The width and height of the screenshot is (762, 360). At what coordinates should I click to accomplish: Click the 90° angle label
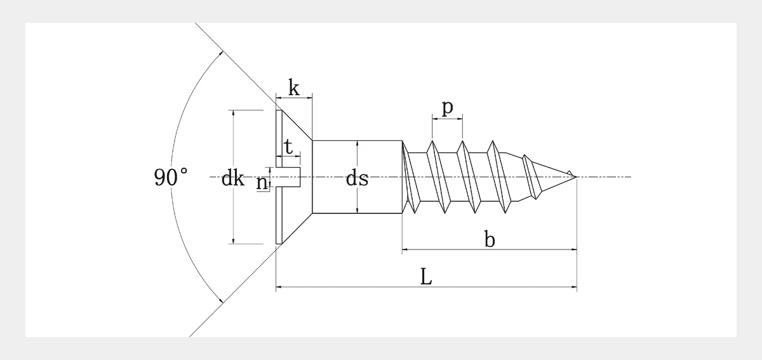(171, 177)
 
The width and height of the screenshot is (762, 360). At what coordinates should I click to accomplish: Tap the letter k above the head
(294, 88)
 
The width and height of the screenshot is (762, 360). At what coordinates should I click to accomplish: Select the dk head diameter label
(232, 178)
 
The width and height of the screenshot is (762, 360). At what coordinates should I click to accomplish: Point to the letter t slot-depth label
(288, 147)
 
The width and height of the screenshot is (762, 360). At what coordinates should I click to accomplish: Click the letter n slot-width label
(262, 183)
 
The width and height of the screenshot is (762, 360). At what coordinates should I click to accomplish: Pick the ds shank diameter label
(357, 178)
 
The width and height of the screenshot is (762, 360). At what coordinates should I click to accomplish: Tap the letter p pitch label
(447, 107)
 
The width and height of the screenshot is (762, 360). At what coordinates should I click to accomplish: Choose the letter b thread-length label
(490, 239)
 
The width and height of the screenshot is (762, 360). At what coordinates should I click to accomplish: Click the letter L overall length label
(426, 277)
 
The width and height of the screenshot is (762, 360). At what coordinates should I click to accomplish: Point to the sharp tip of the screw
(577, 177)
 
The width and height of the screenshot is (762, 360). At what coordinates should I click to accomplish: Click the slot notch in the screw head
(288, 177)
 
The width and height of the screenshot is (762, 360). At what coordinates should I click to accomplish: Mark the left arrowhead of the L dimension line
(279, 287)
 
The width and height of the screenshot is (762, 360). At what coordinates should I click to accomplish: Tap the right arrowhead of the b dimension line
(574, 250)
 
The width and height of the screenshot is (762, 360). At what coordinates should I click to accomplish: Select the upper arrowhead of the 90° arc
(222, 53)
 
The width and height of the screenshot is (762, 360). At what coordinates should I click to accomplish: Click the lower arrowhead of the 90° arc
(222, 300)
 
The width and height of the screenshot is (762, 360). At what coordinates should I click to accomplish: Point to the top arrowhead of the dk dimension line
(234, 113)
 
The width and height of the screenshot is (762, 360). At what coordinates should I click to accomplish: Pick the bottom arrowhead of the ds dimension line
(357, 210)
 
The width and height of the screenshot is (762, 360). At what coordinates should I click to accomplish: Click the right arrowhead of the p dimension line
(460, 119)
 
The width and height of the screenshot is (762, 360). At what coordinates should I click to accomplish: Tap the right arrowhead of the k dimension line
(310, 98)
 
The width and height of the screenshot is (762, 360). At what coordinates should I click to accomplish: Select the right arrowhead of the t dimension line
(298, 156)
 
